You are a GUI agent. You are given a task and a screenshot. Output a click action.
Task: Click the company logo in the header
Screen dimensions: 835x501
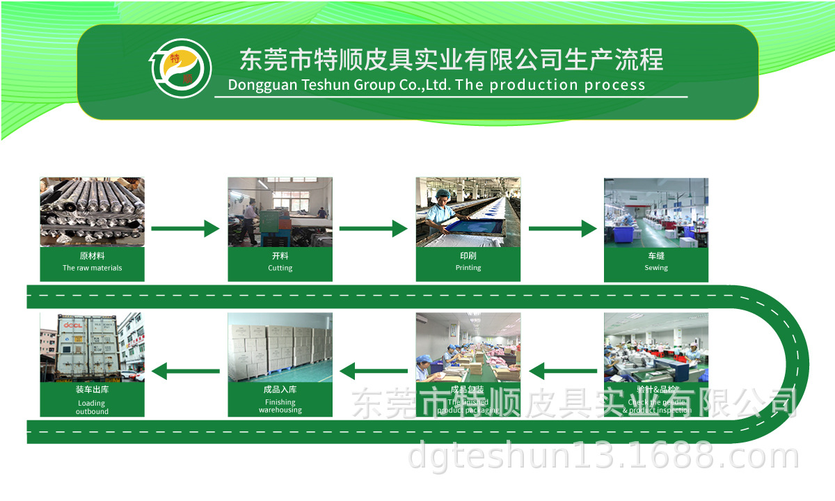pyautogui.click(x=182, y=67)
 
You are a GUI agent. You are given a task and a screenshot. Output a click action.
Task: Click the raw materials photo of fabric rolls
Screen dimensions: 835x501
pyautogui.click(x=92, y=212)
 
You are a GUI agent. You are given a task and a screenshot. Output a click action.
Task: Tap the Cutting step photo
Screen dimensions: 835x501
pyautogui.click(x=280, y=212)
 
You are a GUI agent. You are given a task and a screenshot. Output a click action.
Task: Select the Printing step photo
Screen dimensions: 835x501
pyautogui.click(x=468, y=212)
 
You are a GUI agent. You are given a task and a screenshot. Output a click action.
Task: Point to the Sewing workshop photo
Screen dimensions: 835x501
pyautogui.click(x=655, y=212)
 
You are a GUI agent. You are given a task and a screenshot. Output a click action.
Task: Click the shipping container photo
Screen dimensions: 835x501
pyautogui.click(x=92, y=347)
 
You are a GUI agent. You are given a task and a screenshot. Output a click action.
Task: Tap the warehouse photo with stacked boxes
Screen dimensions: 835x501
pyautogui.click(x=280, y=347)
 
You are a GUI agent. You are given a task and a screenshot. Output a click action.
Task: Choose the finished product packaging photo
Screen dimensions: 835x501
pyautogui.click(x=468, y=347)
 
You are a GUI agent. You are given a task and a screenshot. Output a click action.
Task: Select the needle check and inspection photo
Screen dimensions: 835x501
pyautogui.click(x=655, y=347)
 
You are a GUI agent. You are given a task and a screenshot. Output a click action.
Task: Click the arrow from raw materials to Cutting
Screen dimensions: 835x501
pyautogui.click(x=185, y=228)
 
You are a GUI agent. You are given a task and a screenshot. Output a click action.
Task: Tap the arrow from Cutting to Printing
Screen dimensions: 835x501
pyautogui.click(x=373, y=228)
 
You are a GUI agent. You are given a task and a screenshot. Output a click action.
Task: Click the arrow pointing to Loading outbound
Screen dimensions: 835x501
pyautogui.click(x=185, y=371)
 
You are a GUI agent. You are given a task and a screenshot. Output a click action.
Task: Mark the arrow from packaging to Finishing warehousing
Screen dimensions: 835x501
pyautogui.click(x=373, y=371)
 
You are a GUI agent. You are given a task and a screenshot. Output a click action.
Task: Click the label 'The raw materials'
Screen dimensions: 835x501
pyautogui.click(x=92, y=268)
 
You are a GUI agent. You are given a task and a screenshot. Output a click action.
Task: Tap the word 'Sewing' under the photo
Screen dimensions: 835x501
pyautogui.click(x=655, y=268)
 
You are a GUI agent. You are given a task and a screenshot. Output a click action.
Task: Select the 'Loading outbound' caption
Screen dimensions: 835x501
pyautogui.click(x=92, y=407)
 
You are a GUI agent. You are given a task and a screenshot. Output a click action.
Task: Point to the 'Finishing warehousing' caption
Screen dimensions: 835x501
pyautogui.click(x=280, y=406)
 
